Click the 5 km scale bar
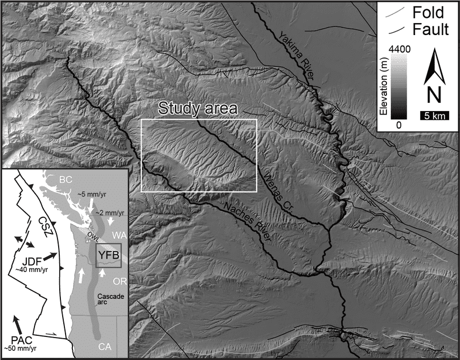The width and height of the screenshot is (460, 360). pyautogui.click(x=434, y=116)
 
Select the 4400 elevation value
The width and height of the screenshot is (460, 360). pyautogui.click(x=400, y=50)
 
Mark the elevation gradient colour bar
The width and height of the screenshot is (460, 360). pyautogui.click(x=402, y=87)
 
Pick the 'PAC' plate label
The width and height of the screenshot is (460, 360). pyautogui.click(x=20, y=339)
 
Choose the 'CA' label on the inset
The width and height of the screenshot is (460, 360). pyautogui.click(x=104, y=346)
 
